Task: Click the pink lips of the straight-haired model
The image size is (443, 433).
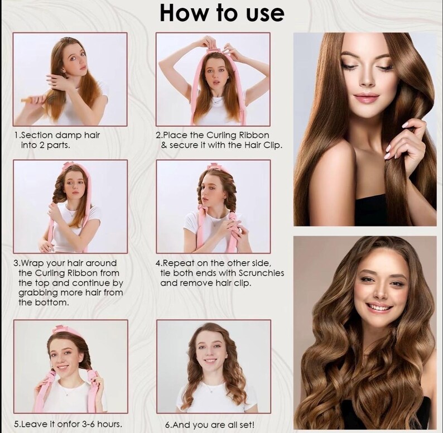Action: tap(365, 98)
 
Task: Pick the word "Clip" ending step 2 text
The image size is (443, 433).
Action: tap(273, 145)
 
